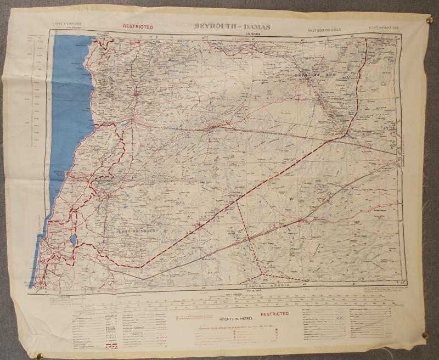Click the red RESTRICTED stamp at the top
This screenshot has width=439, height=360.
(138, 26)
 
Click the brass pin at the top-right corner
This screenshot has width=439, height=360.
(429, 21)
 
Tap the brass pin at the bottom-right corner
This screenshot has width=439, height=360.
(423, 335)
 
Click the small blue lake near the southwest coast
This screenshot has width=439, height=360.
(72, 240)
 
